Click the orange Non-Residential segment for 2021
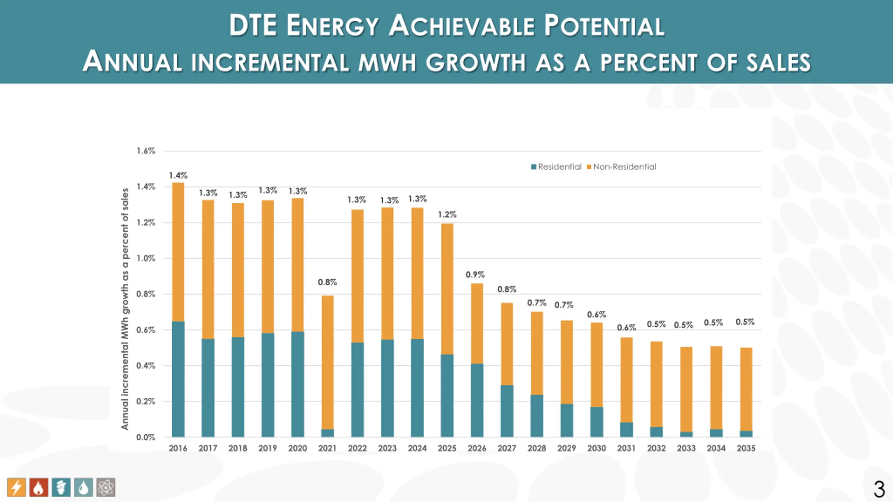327,363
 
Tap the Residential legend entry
556,167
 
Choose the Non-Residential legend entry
621,167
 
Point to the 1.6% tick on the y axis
146,151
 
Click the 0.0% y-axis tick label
146,438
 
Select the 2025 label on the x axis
447,448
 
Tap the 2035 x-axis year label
746,448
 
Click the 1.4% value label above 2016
178,175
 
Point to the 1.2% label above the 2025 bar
447,214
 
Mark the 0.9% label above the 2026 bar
475,275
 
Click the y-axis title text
125,309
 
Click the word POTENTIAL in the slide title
604,26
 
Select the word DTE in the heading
253,26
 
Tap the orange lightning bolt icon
16,487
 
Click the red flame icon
39,487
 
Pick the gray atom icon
106,487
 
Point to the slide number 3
879,489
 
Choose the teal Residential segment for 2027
507,411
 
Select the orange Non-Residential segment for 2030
596,365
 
